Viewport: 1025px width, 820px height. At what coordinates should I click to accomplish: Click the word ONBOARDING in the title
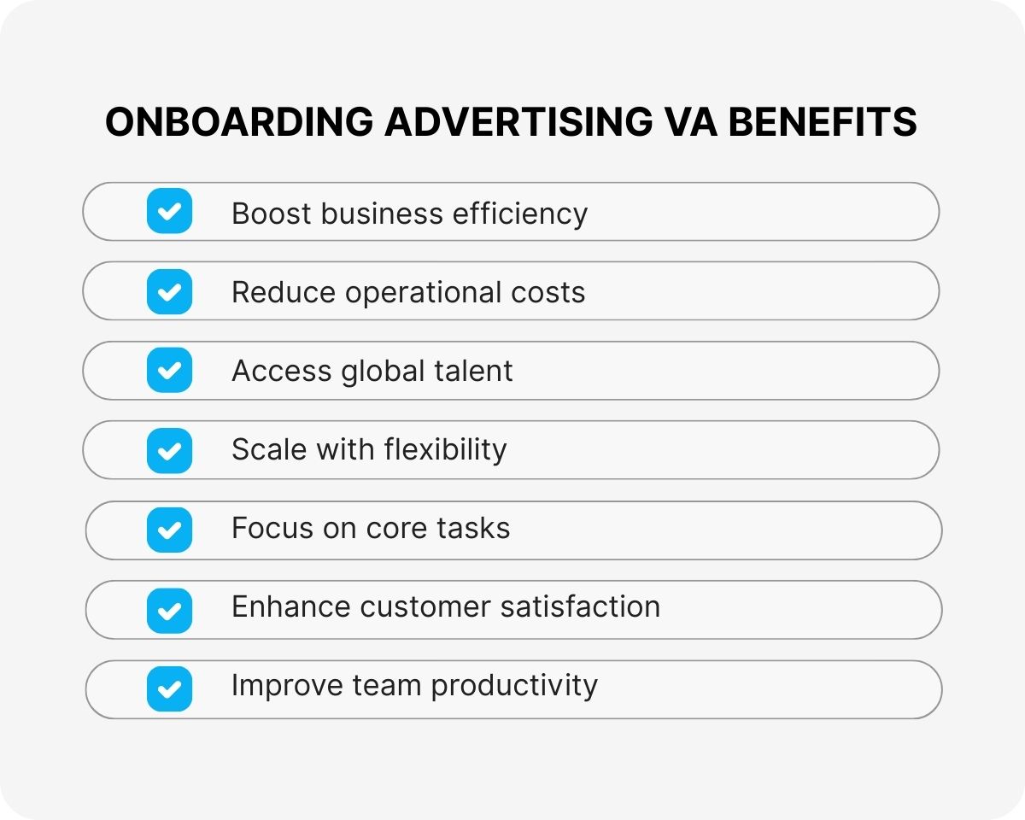point(239,123)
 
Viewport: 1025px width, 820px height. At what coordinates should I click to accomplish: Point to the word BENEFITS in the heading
point(823,123)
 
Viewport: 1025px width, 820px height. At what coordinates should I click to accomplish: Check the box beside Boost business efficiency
point(169,211)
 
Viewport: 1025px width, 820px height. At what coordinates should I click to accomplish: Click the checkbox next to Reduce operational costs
point(169,291)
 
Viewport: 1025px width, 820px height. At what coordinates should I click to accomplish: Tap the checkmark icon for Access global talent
point(169,371)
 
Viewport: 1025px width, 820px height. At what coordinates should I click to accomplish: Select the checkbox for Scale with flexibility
point(169,450)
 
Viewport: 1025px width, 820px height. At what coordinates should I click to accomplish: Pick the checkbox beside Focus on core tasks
point(169,530)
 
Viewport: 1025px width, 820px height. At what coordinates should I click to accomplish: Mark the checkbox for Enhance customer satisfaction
point(169,610)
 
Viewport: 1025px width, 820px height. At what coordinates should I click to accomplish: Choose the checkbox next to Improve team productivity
point(169,688)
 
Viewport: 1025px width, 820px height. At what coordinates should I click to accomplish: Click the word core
point(397,529)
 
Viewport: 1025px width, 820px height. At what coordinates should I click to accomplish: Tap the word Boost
point(272,214)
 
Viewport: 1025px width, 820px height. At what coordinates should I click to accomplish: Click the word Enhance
point(291,606)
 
